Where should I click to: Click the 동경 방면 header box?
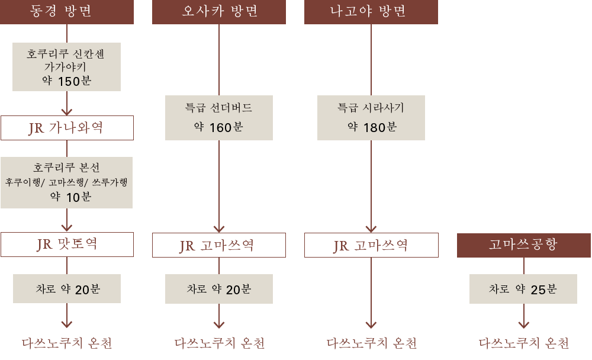(x=66, y=12)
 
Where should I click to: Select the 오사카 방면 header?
(x=219, y=12)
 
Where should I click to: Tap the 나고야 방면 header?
(x=371, y=12)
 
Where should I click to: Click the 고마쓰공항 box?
(x=524, y=245)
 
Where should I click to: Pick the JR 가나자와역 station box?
(x=67, y=127)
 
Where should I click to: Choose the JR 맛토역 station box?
(x=67, y=245)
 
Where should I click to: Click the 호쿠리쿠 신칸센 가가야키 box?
(x=66, y=66)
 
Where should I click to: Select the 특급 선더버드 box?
(x=219, y=117)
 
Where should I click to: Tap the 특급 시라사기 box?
(x=371, y=117)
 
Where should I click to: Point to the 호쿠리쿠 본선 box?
(x=66, y=182)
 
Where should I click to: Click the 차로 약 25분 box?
(x=523, y=289)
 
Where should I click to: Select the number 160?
(x=221, y=127)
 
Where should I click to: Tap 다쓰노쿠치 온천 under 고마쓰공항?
(x=524, y=343)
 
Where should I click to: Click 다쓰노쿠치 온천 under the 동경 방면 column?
(x=67, y=343)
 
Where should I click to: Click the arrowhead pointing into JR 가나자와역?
(x=67, y=110)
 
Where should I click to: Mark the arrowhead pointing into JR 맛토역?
(x=67, y=227)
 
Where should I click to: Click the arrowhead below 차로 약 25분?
(x=523, y=324)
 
